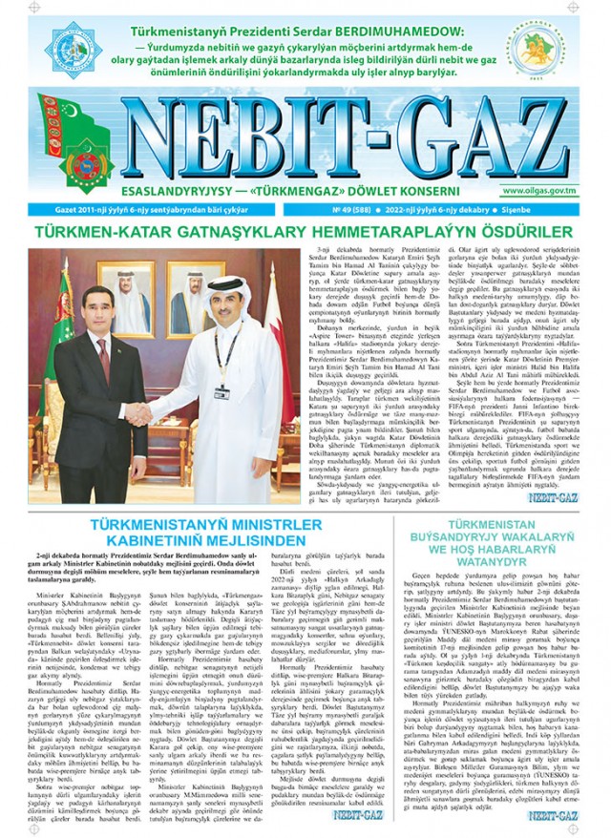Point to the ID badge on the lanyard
click(221, 391)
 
